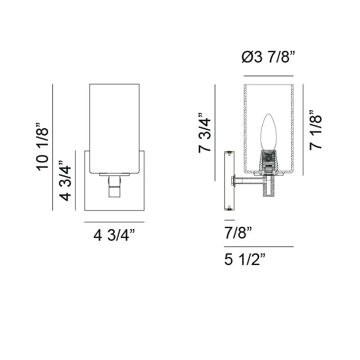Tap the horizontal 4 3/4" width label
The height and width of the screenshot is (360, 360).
tap(114, 235)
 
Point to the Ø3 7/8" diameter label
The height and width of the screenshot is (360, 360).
tap(268, 58)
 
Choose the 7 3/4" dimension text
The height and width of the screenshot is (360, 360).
tap(205, 133)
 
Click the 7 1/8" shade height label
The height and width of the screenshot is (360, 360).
tap(316, 130)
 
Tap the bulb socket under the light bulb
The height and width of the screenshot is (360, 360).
tap(268, 160)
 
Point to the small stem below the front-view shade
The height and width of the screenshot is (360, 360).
tap(114, 187)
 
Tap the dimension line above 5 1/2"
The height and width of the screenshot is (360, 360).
tap(259, 247)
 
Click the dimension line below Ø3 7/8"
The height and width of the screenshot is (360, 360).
tap(268, 76)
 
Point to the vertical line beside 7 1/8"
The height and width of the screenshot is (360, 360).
tap(303, 129)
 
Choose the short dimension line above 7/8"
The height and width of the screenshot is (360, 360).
tap(229, 220)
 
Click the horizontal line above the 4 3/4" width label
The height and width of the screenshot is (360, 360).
tap(114, 222)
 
